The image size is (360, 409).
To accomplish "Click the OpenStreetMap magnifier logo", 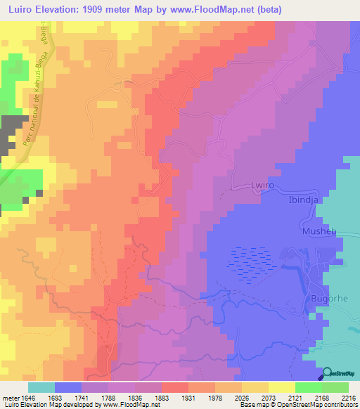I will [x=328, y=373].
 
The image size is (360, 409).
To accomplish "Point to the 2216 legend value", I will [x=349, y=398].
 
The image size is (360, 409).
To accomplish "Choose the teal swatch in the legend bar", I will [x=41, y=387].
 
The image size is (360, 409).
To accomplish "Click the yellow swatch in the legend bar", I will [x=281, y=387].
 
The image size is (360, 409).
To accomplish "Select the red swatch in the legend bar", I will [x=174, y=387].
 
